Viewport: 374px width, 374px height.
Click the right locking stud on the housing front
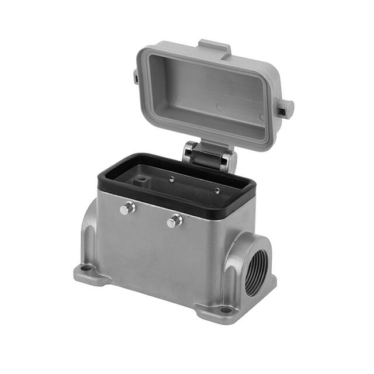174,221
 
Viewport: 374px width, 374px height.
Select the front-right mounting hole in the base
225,309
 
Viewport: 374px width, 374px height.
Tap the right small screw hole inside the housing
216,189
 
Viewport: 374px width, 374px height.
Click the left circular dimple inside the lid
218,107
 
